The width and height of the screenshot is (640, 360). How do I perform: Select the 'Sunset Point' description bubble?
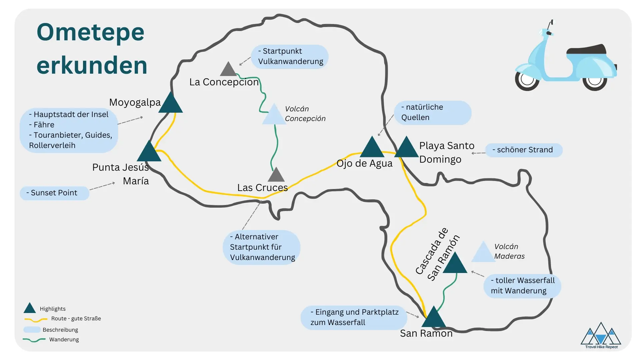(x=54, y=193)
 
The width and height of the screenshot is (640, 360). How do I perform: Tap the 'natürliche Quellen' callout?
(x=432, y=113)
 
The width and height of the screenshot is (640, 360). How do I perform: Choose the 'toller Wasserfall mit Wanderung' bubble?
(x=522, y=286)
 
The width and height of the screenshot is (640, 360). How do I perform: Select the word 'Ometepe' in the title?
(x=90, y=32)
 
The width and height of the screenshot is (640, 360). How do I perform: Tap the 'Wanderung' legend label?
(x=64, y=340)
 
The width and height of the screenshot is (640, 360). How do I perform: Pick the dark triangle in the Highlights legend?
(x=30, y=309)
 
